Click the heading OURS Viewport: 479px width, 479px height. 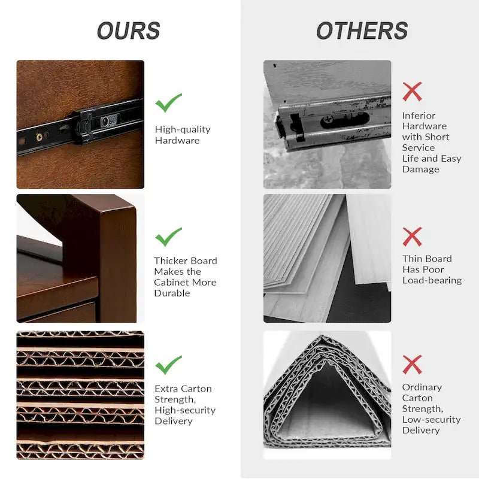(128, 31)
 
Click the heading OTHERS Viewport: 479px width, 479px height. (362, 31)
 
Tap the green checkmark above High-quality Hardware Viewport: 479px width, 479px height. (168, 102)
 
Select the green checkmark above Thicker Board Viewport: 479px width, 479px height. (168, 237)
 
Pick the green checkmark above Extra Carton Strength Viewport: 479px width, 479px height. (168, 365)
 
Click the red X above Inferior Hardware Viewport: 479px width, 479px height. (412, 92)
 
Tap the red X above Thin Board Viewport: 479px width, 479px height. (412, 237)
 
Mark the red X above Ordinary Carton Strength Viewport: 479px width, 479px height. (412, 365)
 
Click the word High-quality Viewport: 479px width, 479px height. (183, 129)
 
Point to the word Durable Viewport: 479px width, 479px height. (172, 293)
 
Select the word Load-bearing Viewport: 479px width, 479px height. (432, 280)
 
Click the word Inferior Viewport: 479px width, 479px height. (419, 116)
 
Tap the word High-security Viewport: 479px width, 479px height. (185, 410)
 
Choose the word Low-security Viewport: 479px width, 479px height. (431, 420)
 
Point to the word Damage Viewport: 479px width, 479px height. (421, 169)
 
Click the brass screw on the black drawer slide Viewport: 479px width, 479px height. (40, 137)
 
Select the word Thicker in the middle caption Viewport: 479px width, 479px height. (169, 261)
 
